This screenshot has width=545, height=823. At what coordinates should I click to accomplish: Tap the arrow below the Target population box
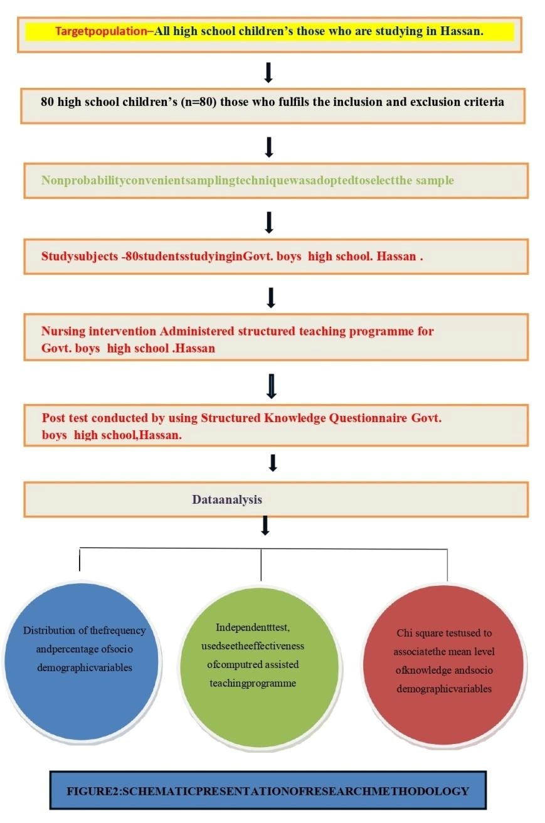[x=268, y=73]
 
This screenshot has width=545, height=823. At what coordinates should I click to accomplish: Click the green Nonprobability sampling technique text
[x=247, y=181]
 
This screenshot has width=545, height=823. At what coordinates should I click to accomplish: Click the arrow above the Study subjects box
[x=269, y=221]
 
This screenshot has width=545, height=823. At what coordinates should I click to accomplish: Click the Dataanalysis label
[x=226, y=500]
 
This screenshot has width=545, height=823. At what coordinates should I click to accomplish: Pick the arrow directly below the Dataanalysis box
[x=265, y=526]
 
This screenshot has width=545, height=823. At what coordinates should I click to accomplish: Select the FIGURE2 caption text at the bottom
[x=268, y=791]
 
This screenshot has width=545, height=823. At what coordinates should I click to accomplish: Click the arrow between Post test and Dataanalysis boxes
[x=272, y=463]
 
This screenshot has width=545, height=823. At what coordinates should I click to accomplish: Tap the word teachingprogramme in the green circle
[x=252, y=682]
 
